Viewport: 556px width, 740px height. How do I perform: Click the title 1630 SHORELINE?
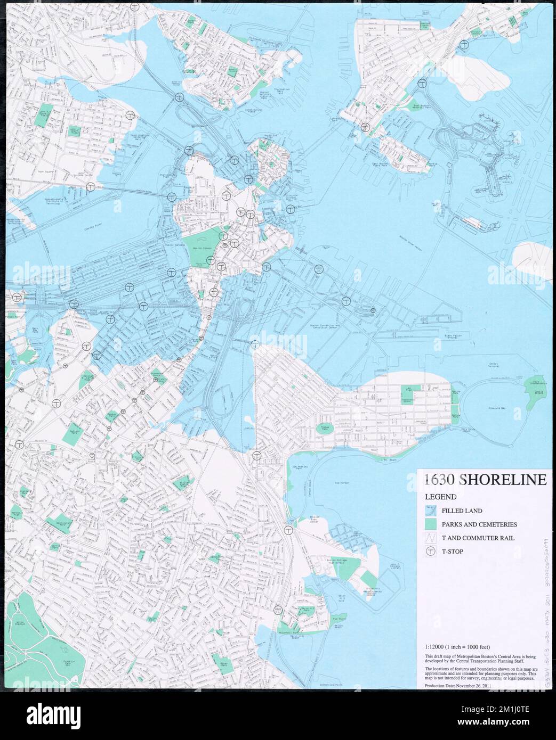486,480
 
